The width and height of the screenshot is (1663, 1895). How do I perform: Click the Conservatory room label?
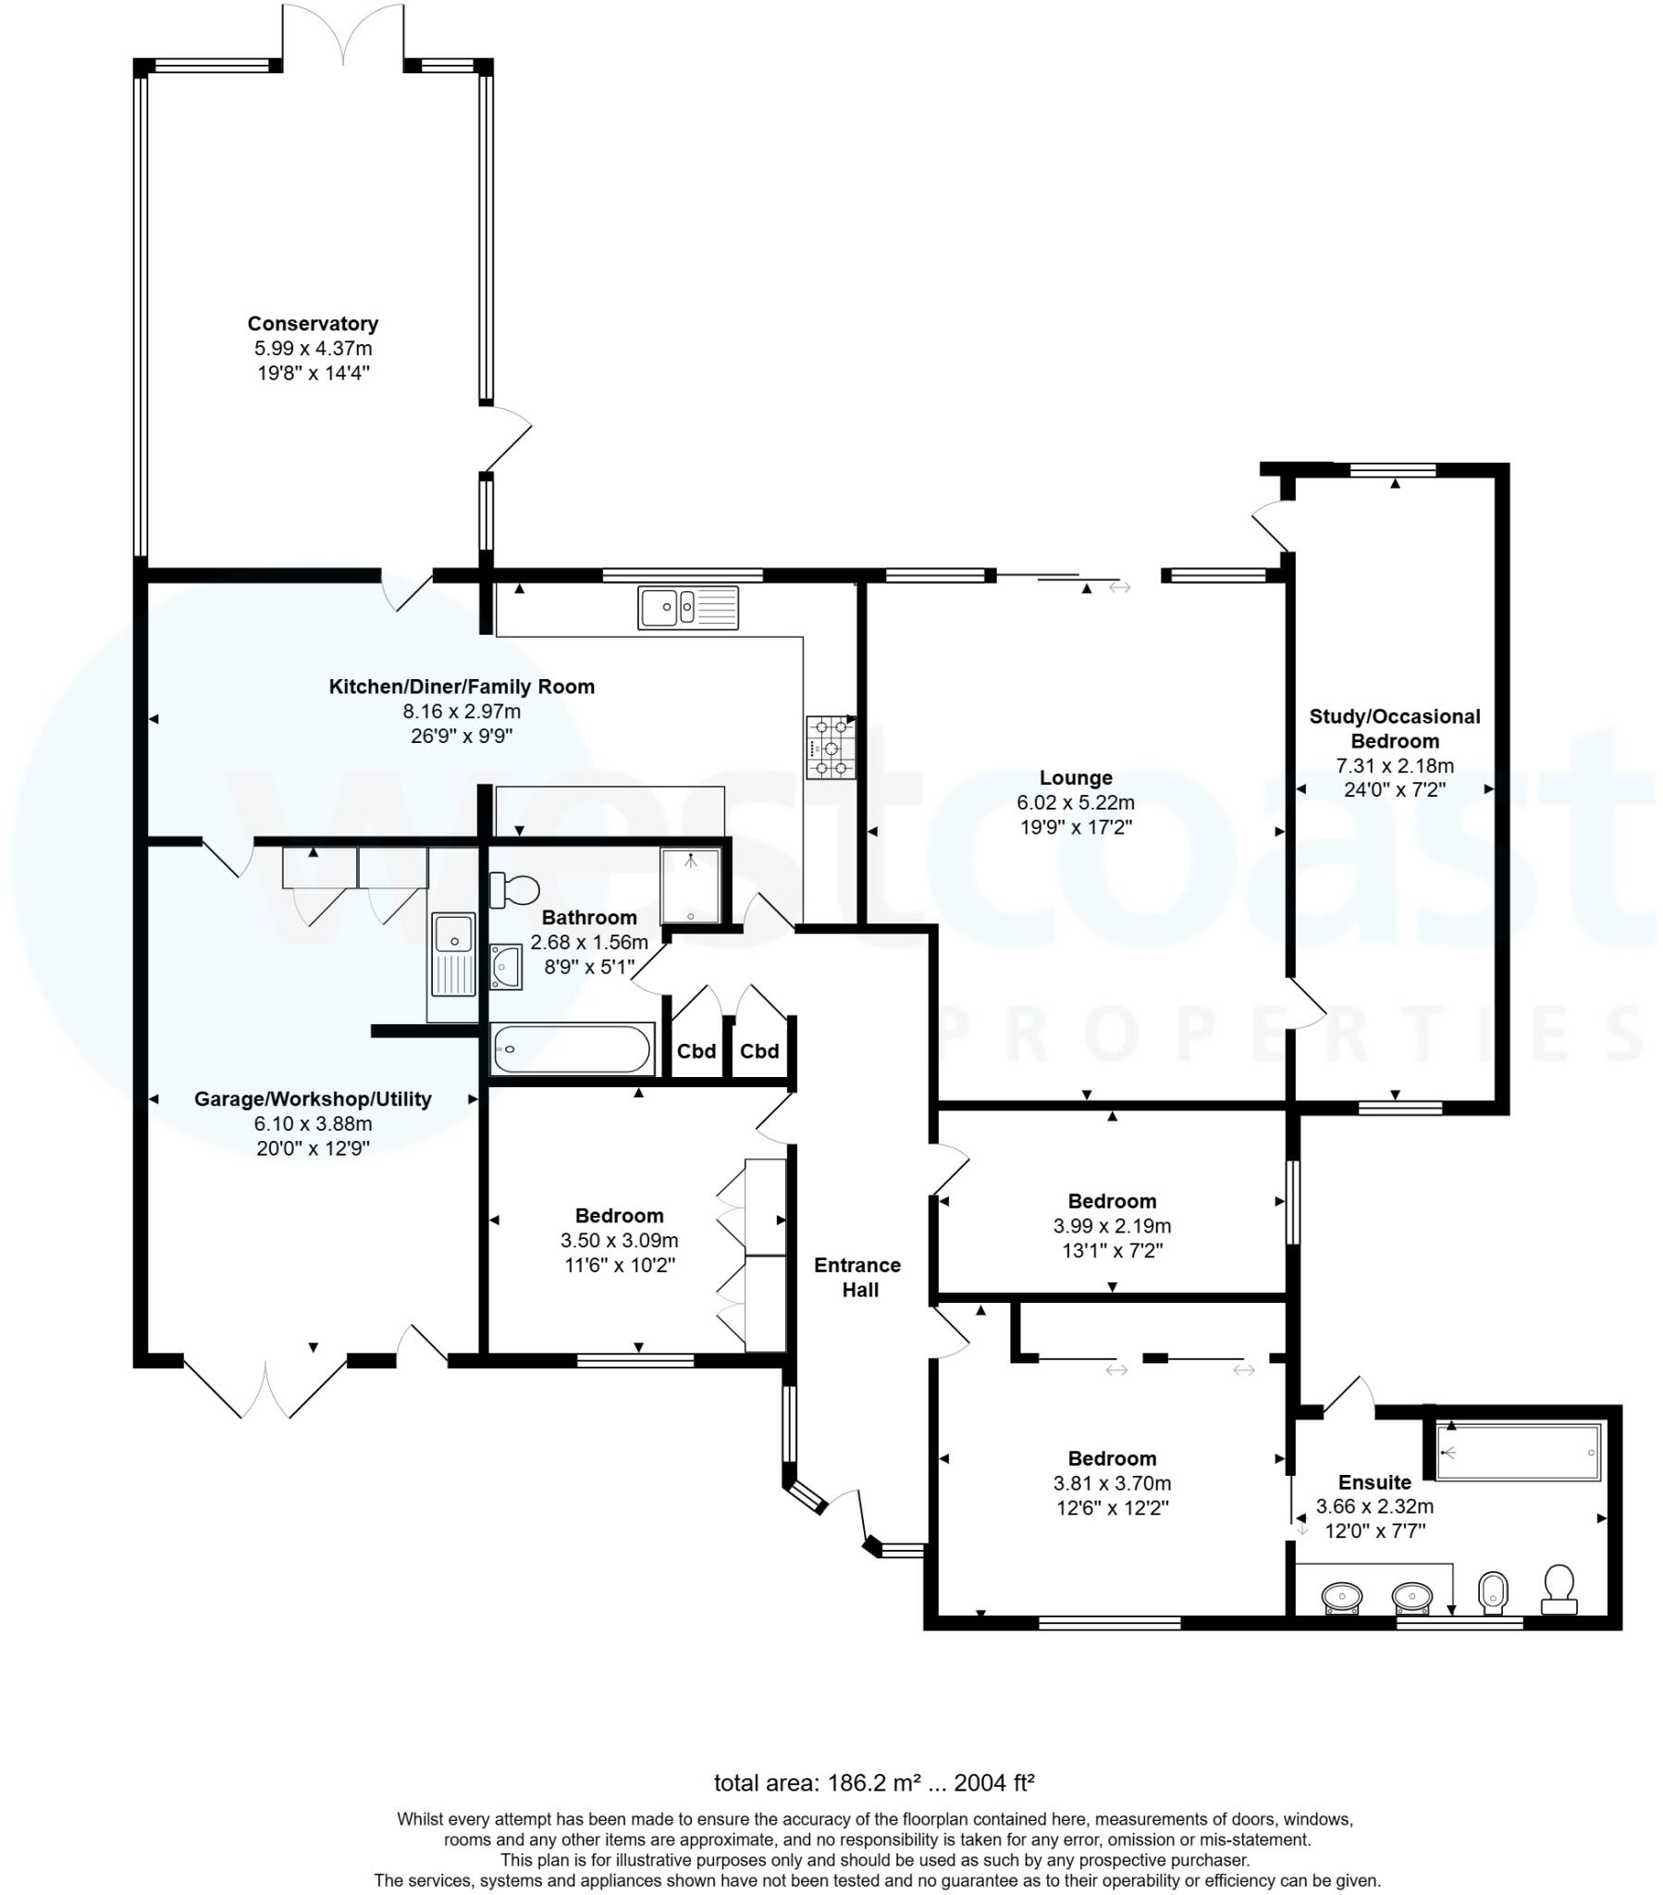pos(313,324)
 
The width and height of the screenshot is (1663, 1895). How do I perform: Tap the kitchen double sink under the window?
pos(687,608)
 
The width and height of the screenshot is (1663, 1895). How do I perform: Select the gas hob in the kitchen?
pos(830,747)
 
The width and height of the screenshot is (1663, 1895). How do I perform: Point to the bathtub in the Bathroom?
pos(571,1050)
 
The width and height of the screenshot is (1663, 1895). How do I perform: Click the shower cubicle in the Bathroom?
pos(690,886)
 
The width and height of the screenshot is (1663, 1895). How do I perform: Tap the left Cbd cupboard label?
pos(696,1051)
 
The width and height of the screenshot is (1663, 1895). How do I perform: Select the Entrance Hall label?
pos(858,1278)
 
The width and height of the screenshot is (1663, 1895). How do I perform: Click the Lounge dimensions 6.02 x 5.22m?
pos(1076,802)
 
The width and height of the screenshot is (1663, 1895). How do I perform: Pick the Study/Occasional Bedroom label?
pos(1394,728)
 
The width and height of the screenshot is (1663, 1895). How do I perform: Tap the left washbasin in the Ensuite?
pos(1341,1597)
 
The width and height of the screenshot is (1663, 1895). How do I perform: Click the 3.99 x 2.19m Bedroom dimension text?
pos(1112,1226)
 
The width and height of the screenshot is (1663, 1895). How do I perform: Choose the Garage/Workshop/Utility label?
pos(313,1098)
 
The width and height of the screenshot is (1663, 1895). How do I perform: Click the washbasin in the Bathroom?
pos(506,966)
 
